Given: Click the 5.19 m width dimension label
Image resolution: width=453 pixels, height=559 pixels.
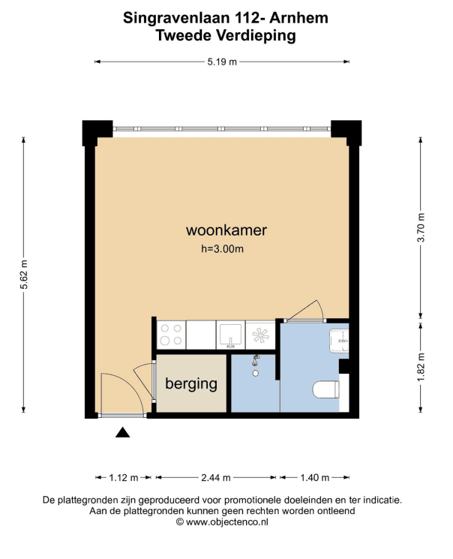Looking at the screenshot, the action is click(222, 62).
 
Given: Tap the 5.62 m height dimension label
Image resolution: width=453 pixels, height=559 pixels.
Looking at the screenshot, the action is click(23, 275).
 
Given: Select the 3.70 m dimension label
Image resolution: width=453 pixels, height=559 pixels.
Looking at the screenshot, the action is click(421, 227).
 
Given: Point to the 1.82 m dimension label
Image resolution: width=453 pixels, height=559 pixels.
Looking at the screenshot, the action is click(421, 367).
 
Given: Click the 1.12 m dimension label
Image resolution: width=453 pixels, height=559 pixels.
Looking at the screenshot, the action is click(123, 478).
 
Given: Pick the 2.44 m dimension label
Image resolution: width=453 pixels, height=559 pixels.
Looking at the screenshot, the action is click(216, 478).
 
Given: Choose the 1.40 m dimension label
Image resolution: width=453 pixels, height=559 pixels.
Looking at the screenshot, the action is click(315, 478).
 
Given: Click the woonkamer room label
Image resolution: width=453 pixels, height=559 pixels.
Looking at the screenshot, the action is click(226, 230).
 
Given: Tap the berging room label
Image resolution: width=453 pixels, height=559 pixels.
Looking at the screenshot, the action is click(191, 384).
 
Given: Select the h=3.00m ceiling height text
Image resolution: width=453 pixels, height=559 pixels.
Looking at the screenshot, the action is click(223, 248).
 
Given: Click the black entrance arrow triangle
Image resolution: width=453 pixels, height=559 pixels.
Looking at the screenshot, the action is click(122, 432).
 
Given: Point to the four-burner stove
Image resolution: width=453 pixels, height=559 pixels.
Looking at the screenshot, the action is click(171, 335).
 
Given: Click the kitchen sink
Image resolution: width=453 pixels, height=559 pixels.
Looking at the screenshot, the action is click(230, 335).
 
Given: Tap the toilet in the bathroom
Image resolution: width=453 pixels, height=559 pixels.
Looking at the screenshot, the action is click(325, 389).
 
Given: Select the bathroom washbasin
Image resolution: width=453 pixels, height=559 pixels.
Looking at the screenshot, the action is click(339, 341).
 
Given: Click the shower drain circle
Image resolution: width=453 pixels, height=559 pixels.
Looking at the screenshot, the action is click(256, 373).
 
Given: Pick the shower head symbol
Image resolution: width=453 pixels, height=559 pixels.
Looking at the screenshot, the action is click(255, 360).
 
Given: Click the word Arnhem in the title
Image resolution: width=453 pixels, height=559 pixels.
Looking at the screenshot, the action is click(298, 18).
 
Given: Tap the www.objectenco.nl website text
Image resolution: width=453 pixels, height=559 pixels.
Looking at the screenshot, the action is click(227, 522).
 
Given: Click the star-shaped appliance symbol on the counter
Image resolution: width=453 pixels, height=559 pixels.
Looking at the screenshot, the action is click(260, 335).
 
